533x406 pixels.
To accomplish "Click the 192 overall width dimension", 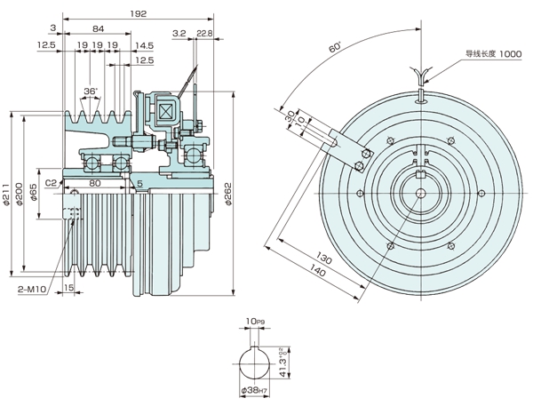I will (138, 14).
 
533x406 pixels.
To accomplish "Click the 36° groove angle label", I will (89, 91).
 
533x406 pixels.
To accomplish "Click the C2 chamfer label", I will (52, 181).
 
